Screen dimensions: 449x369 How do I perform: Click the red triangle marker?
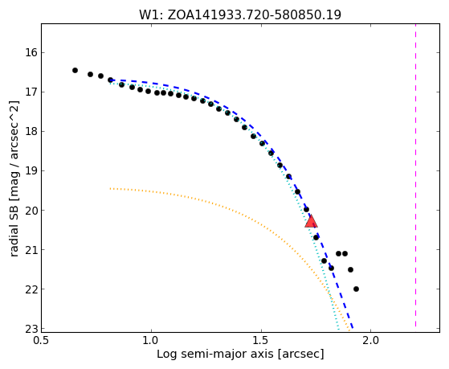click(311, 221)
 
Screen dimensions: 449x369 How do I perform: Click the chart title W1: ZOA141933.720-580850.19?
click(240, 15)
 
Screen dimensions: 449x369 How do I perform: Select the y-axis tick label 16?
click(31, 53)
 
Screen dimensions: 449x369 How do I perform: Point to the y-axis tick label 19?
click(31, 171)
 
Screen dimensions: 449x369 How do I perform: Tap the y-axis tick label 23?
click(31, 329)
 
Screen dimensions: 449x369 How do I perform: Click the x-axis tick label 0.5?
click(42, 341)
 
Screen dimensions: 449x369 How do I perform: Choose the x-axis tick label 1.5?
click(261, 341)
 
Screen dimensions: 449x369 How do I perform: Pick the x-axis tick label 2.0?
click(370, 341)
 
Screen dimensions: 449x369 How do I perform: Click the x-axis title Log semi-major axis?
click(215, 355)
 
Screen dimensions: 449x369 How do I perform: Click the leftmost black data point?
click(75, 70)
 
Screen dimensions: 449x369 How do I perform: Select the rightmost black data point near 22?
click(356, 289)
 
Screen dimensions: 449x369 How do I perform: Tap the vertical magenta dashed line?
click(415, 175)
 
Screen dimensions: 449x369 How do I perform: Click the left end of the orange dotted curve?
click(110, 188)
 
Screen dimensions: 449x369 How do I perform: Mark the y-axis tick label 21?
click(31, 250)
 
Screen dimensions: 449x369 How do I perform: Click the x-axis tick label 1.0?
click(151, 341)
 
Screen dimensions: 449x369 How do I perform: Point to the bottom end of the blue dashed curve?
click(353, 328)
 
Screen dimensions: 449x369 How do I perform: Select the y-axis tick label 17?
click(31, 92)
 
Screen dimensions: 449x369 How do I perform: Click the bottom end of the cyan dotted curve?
click(338, 329)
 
